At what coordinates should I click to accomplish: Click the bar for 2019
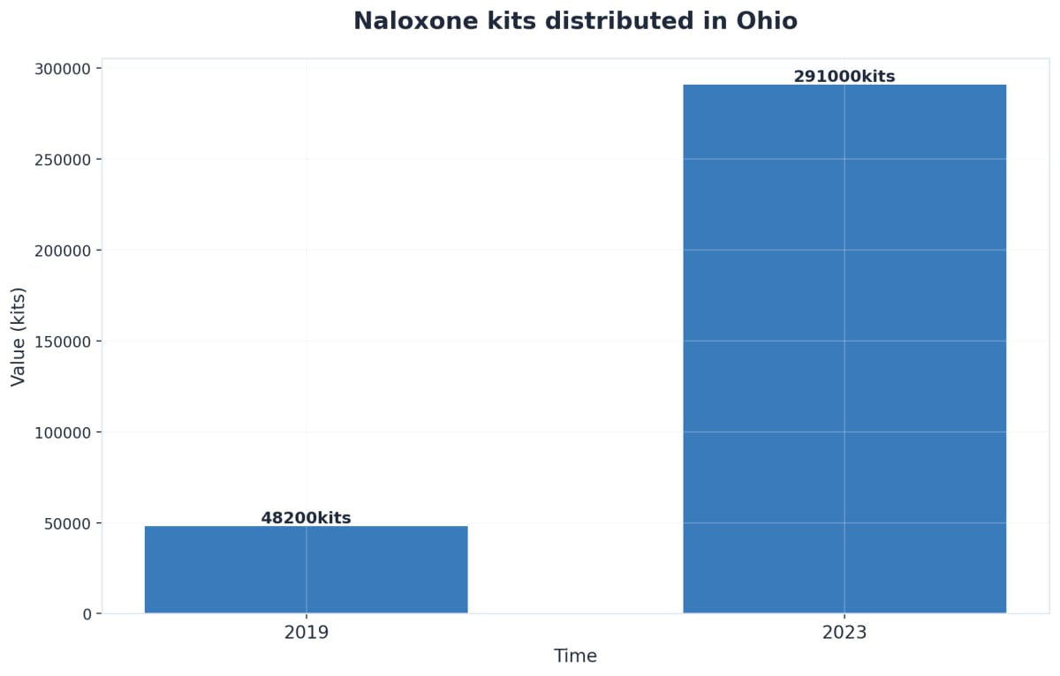coord(306,569)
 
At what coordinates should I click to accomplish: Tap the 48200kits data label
coord(306,518)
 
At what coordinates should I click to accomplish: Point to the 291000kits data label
coord(844,77)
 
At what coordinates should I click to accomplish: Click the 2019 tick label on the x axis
coord(306,633)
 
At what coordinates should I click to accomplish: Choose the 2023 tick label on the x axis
coord(844,633)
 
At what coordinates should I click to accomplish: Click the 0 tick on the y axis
coord(87,613)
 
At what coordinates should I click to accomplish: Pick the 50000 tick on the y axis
coord(67,522)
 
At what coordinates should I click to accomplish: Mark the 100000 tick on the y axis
coord(63,432)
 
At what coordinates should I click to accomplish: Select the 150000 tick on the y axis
coord(63,341)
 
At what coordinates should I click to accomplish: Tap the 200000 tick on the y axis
coord(63,250)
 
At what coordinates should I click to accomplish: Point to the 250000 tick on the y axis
coord(63,159)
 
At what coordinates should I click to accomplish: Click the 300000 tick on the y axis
coord(63,68)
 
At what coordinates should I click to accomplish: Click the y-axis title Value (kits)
coord(18,336)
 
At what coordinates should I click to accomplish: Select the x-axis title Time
coord(575,657)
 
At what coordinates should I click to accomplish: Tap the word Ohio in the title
coord(768,21)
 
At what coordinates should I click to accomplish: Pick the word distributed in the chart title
coord(620,21)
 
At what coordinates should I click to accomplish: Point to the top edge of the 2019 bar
coord(306,527)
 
